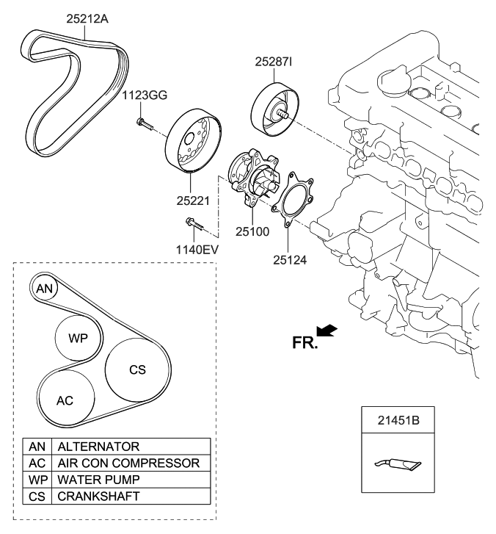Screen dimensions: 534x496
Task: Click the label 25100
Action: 252,231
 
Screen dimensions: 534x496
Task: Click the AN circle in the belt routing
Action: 45,289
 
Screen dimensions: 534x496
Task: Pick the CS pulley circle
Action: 136,370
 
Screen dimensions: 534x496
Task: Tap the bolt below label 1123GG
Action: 144,123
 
